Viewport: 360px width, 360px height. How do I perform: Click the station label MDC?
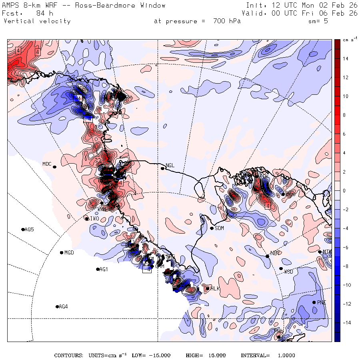point(47,164)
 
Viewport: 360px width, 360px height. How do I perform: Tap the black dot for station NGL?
point(163,168)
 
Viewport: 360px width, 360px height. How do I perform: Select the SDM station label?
point(219,228)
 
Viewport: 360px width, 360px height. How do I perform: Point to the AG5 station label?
point(29,230)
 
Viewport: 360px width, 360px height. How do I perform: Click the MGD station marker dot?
point(62,252)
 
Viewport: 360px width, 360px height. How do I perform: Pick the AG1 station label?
point(104,270)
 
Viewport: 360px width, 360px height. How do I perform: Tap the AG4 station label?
point(63,307)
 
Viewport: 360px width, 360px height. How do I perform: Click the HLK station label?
point(216,288)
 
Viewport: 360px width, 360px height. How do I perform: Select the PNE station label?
point(322,302)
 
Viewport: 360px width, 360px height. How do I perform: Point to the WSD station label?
point(288,272)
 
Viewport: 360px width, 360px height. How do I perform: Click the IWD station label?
point(94,218)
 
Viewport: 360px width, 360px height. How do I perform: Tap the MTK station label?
point(327,252)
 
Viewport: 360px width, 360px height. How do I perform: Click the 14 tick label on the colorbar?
point(346,59)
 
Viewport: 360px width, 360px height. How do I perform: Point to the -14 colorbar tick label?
point(346,322)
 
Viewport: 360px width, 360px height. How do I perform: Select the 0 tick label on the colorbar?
point(344,191)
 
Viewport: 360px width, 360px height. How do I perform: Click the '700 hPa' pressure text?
point(224,21)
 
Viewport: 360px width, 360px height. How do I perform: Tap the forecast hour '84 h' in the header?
point(44,13)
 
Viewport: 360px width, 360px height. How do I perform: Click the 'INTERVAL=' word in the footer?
point(255,356)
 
